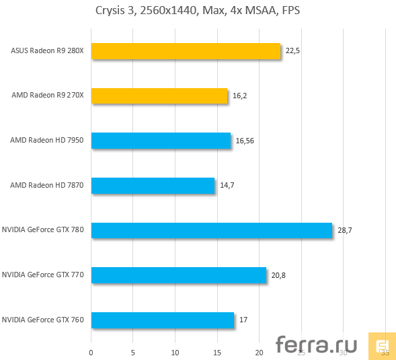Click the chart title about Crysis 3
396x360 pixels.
click(x=198, y=11)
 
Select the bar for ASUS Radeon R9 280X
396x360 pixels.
click(x=186, y=51)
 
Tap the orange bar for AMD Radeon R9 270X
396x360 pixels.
click(x=159, y=96)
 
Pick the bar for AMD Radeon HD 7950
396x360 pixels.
click(x=161, y=141)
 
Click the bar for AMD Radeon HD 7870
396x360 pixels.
click(x=153, y=186)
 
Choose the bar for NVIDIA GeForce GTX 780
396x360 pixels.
click(x=212, y=230)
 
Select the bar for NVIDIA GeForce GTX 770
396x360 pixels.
click(x=178, y=275)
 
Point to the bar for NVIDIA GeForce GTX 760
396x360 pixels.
click(x=162, y=320)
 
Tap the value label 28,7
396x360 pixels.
click(x=345, y=230)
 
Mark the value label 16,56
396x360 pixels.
click(x=244, y=141)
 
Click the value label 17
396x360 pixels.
click(x=243, y=320)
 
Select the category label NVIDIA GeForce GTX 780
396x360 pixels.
click(x=43, y=230)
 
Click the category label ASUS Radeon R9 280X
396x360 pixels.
click(x=48, y=51)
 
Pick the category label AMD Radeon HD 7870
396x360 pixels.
click(x=47, y=186)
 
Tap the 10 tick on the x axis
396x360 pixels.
click(x=175, y=351)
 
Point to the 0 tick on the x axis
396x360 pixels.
click(x=91, y=351)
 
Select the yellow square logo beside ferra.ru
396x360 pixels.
click(x=381, y=346)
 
